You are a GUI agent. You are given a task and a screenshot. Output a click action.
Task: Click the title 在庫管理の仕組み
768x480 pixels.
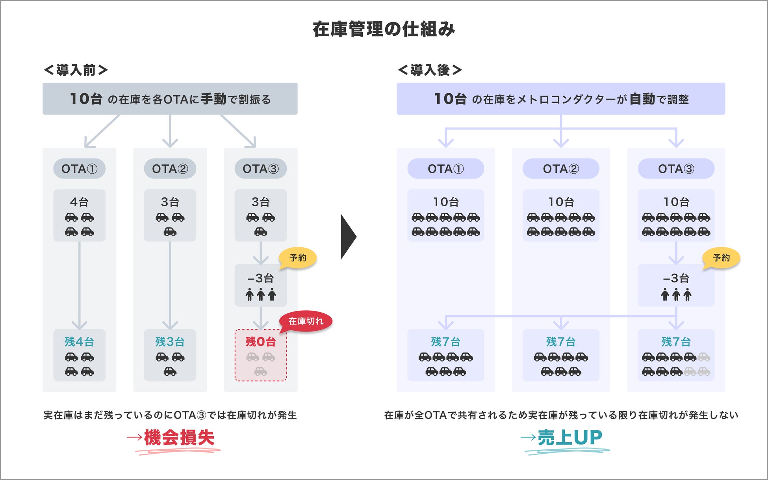pyautogui.click(x=384, y=29)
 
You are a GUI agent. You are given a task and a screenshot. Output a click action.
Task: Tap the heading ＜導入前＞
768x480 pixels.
pyautogui.click(x=76, y=70)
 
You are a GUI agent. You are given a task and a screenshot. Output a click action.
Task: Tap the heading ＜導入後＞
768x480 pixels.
pyautogui.click(x=430, y=70)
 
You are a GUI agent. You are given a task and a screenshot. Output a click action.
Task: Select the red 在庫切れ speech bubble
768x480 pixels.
pyautogui.click(x=306, y=321)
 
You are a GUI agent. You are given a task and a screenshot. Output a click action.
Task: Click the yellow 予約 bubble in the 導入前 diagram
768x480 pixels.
pyautogui.click(x=298, y=258)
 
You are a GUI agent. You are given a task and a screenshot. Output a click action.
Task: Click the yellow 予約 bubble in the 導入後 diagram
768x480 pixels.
pyautogui.click(x=721, y=258)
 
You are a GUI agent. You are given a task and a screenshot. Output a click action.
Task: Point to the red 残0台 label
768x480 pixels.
pyautogui.click(x=260, y=341)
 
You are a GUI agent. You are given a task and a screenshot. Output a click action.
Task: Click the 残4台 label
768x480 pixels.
pyautogui.click(x=79, y=341)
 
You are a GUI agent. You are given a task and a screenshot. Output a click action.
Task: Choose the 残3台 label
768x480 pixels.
pyautogui.click(x=170, y=341)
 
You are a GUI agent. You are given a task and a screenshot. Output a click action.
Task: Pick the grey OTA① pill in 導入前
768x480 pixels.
pyautogui.click(x=79, y=169)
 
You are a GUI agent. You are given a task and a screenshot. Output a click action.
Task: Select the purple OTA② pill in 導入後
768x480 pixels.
pyautogui.click(x=561, y=169)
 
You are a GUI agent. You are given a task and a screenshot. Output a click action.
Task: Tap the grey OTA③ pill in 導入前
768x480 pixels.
pyautogui.click(x=260, y=169)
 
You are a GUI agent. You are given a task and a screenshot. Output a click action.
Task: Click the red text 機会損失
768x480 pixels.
pyautogui.click(x=179, y=437)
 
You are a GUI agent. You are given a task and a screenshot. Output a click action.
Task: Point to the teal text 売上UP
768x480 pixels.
pyautogui.click(x=570, y=437)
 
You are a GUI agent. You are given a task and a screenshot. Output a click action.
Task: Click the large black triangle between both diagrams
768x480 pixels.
pyautogui.click(x=347, y=237)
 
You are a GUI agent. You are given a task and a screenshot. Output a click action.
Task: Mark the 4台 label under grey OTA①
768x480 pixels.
pyautogui.click(x=79, y=202)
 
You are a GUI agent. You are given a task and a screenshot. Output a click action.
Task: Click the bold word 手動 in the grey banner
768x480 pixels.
pyautogui.click(x=213, y=99)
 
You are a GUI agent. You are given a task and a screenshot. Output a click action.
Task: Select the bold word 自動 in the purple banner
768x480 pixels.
pyautogui.click(x=642, y=99)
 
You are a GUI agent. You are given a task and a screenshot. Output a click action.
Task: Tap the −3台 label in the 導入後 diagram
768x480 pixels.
pyautogui.click(x=676, y=278)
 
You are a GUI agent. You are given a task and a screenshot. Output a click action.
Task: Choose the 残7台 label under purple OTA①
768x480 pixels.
pyautogui.click(x=445, y=341)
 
